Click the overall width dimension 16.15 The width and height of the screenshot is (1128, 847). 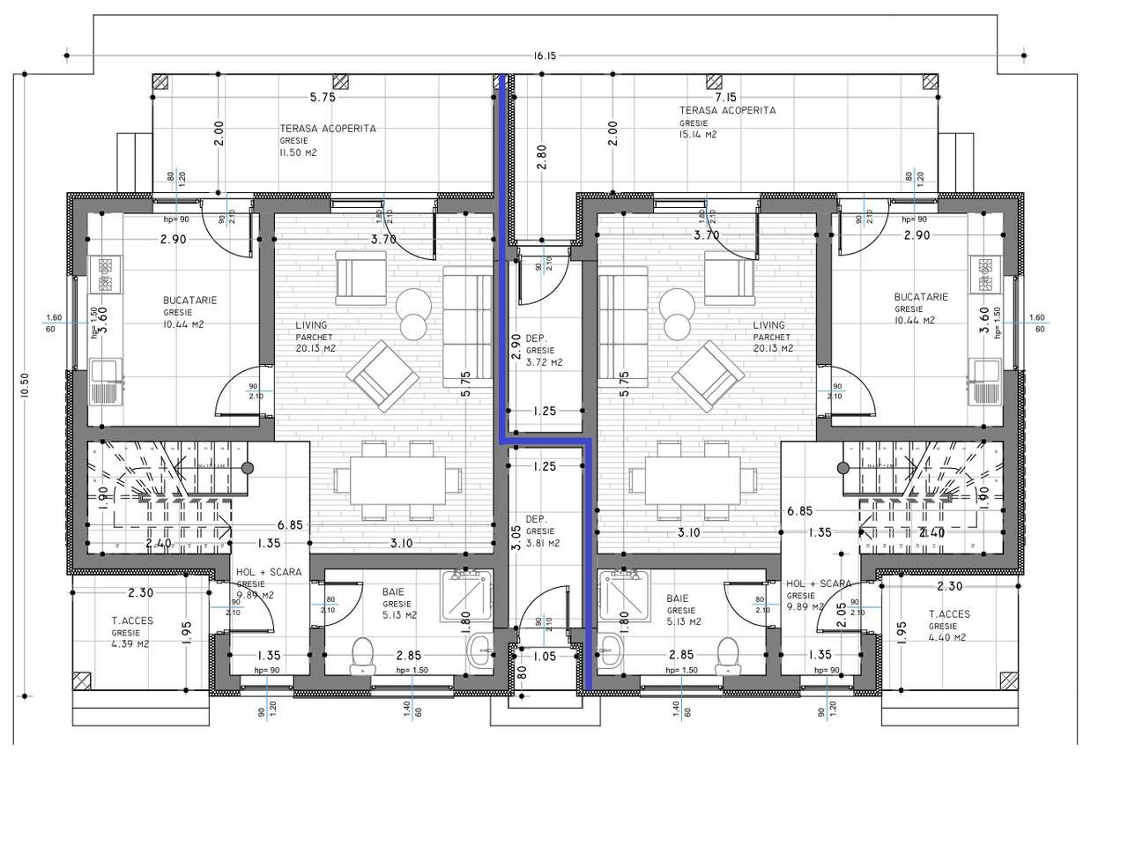(x=545, y=56)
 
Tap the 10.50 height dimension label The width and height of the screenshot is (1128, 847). (x=25, y=385)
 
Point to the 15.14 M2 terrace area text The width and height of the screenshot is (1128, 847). (x=698, y=135)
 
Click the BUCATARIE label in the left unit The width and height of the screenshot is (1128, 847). (x=189, y=301)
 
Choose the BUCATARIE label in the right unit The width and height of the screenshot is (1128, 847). (x=920, y=298)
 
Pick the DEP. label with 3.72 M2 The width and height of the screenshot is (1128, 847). (x=537, y=338)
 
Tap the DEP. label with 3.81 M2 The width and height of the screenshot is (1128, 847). (x=537, y=519)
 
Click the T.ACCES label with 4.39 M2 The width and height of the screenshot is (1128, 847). (x=132, y=620)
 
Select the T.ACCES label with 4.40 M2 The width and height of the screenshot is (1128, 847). (x=950, y=614)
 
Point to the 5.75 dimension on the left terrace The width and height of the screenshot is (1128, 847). (x=322, y=98)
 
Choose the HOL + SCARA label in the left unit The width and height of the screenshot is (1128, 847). (x=269, y=572)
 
